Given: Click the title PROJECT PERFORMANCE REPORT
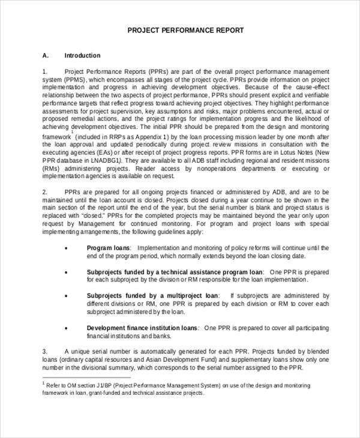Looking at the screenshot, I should pos(186,30).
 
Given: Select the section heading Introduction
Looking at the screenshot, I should pos(82,55).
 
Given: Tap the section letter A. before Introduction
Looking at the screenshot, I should pos(45,55).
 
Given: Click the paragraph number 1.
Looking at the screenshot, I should pos(44,71).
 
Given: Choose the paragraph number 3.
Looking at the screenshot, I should pos(44,351).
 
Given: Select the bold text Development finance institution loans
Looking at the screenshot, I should pos(142,328).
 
